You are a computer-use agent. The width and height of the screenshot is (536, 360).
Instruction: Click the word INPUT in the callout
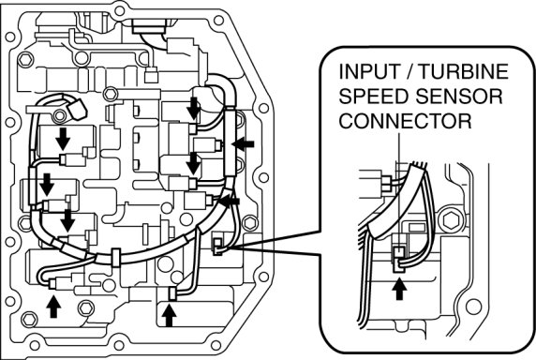[x=369, y=71]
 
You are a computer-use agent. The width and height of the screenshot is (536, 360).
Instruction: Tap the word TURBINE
[x=464, y=71]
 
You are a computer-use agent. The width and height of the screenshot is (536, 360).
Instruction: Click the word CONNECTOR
[x=406, y=121]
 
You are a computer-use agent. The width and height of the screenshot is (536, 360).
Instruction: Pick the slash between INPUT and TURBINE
[x=409, y=71]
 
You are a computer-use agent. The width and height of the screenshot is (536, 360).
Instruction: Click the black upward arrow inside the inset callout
[x=399, y=289]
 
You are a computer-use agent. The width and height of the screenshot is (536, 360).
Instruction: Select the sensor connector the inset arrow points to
[x=398, y=259]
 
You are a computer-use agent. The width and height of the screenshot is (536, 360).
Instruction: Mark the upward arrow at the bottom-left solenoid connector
[x=53, y=307]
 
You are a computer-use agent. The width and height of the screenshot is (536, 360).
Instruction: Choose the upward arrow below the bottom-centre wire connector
[x=169, y=316]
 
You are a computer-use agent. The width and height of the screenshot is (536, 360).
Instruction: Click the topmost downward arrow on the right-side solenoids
[x=193, y=108]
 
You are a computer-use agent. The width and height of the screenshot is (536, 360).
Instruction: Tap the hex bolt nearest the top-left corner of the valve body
[x=25, y=60]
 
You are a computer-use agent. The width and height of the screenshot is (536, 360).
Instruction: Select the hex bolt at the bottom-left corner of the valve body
[x=29, y=320]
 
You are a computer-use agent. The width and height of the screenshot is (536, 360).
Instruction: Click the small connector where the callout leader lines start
[x=217, y=247]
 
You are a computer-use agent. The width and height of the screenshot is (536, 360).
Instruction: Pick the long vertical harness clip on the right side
[x=231, y=142]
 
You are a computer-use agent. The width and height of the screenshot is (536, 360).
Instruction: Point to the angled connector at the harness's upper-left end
[x=78, y=109]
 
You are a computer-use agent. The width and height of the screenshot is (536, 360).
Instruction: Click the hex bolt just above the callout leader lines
[x=250, y=223]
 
